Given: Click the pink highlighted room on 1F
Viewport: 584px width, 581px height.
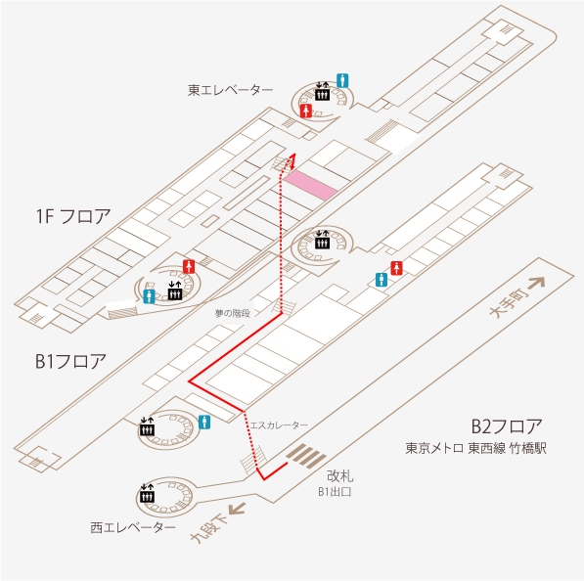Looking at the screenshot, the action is [x=310, y=186].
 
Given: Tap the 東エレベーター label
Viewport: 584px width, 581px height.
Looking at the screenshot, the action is [x=230, y=90].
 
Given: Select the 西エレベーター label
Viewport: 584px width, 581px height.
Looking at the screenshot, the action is [x=133, y=528].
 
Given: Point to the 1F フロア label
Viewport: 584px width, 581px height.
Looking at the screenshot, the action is [x=73, y=216].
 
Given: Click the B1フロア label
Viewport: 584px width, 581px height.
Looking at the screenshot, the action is [x=70, y=361].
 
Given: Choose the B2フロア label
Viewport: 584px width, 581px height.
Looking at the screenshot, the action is [x=507, y=426].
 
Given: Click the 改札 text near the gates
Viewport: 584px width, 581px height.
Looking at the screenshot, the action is [x=339, y=476].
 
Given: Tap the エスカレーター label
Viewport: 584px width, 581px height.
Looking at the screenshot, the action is [x=279, y=425].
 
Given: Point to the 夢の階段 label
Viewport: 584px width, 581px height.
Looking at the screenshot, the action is [x=233, y=314].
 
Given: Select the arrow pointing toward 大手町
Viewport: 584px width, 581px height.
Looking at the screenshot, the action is [x=536, y=283].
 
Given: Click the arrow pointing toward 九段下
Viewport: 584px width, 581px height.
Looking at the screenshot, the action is [x=237, y=510].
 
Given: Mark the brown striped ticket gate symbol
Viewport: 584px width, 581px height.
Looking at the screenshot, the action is [x=306, y=456].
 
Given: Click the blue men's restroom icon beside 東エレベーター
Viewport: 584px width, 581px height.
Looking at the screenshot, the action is [x=342, y=80].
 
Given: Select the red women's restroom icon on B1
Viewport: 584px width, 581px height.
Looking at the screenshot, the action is [x=396, y=268].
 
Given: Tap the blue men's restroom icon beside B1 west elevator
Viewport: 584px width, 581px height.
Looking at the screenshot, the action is [x=204, y=423].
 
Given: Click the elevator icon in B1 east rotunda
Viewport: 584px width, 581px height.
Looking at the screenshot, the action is [x=322, y=240].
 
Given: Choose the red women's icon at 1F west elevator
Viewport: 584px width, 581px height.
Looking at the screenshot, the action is [x=189, y=267].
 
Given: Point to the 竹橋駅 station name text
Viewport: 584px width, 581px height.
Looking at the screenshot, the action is [x=528, y=448].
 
